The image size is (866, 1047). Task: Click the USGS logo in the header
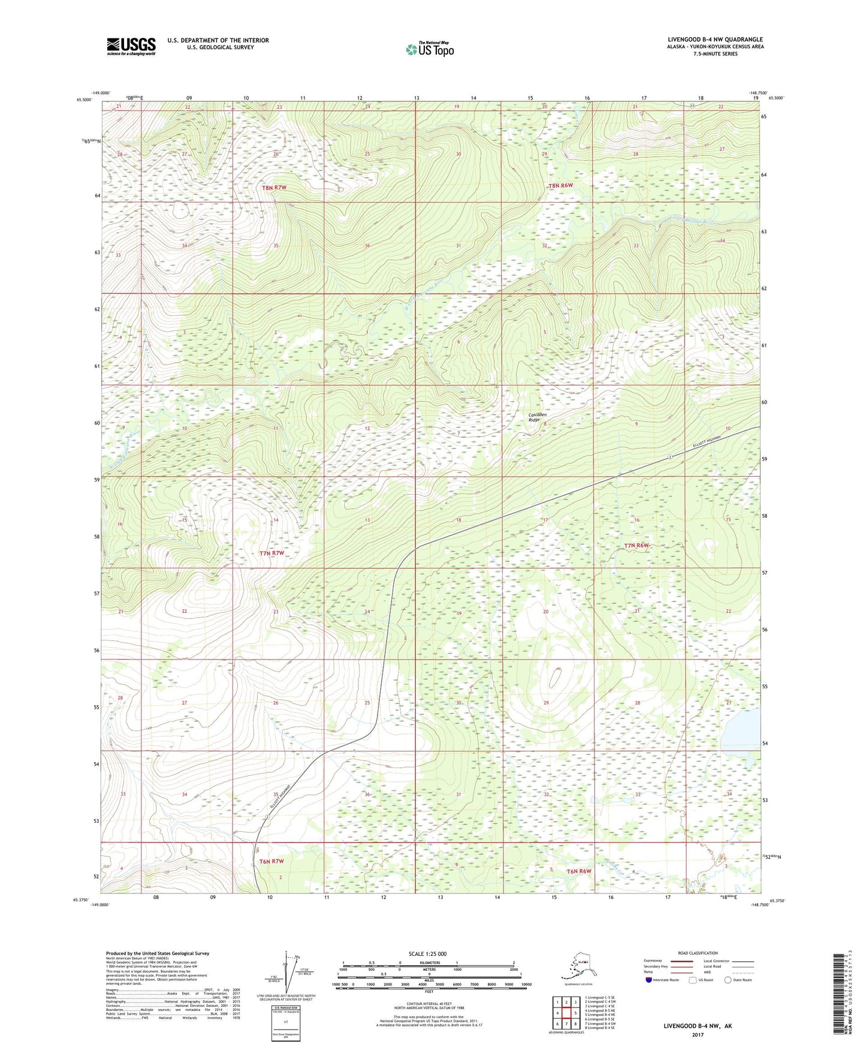point(131,46)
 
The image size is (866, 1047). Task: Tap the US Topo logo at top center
point(429,49)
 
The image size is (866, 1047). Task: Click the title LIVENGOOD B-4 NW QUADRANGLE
point(715,40)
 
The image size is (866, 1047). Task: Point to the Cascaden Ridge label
point(538,417)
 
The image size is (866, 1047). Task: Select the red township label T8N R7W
point(274,188)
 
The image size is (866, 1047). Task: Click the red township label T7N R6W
point(636,545)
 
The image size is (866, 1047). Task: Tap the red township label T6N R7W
point(271,861)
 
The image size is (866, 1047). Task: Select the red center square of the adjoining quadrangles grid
point(566,1013)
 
